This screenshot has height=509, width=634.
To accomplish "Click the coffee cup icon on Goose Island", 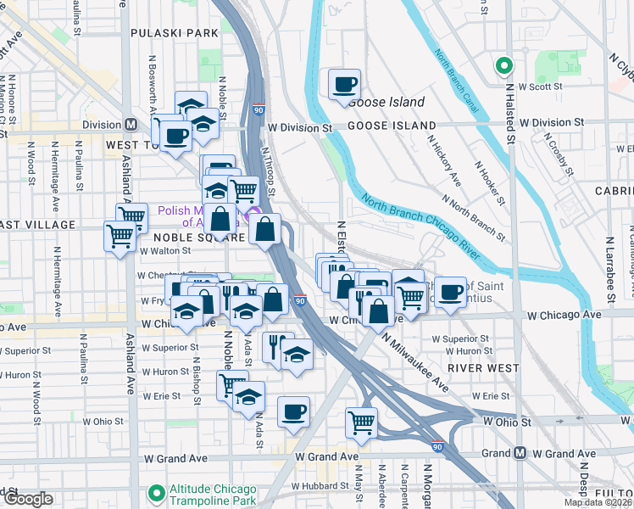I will tap(344, 85).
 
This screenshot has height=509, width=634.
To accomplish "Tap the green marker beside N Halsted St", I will tap(503, 65).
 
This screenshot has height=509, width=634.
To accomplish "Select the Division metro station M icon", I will tap(131, 124).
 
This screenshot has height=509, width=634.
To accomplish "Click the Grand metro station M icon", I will tap(519, 453).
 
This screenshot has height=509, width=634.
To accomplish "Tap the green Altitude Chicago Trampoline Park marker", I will tap(155, 492).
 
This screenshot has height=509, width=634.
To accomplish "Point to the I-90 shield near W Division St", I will tap(258, 110).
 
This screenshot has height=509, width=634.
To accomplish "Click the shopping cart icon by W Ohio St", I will tap(362, 421).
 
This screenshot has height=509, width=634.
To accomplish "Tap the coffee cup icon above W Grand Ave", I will tap(293, 412).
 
